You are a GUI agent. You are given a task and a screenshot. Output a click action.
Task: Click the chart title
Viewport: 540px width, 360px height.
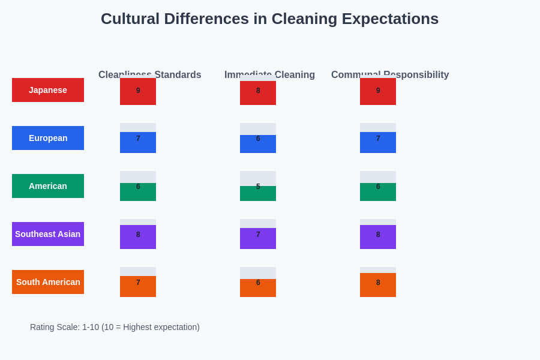(x=269, y=19)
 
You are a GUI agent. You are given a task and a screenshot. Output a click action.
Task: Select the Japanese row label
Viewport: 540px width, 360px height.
(x=48, y=90)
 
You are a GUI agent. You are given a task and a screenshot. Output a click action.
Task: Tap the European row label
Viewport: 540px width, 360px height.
(x=48, y=138)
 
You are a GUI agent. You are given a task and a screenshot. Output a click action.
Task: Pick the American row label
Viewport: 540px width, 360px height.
(x=48, y=186)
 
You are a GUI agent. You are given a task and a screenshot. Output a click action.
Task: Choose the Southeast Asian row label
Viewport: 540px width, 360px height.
(x=48, y=234)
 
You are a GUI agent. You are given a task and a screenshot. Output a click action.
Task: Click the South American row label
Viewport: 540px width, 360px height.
(x=48, y=282)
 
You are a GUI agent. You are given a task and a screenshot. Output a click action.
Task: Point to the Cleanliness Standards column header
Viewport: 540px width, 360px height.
(x=150, y=74)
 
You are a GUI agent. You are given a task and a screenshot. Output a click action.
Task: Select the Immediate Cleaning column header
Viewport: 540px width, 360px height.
(x=269, y=74)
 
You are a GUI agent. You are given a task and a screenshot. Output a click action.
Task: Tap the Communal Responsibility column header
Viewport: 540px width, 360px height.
(x=390, y=74)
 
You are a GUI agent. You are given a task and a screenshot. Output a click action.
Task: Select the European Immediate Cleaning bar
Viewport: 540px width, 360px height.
(x=258, y=144)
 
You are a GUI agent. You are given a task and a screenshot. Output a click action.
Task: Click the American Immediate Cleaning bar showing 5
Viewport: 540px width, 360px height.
(x=258, y=193)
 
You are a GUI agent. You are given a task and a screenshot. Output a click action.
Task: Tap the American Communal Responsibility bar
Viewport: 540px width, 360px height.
(x=378, y=192)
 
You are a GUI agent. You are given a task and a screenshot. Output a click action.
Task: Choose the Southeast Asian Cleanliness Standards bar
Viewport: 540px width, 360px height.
(x=138, y=237)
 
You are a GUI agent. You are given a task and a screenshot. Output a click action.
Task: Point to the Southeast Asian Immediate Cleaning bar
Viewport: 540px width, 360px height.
(x=258, y=238)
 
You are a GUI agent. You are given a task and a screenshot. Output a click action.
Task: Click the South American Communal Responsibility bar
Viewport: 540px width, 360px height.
(x=378, y=285)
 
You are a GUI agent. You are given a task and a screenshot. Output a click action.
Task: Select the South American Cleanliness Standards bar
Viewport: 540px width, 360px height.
(x=138, y=286)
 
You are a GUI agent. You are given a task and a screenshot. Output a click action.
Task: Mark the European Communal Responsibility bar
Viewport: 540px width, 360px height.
(x=378, y=142)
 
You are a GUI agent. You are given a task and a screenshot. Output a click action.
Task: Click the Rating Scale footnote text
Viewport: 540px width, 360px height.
(x=115, y=327)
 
